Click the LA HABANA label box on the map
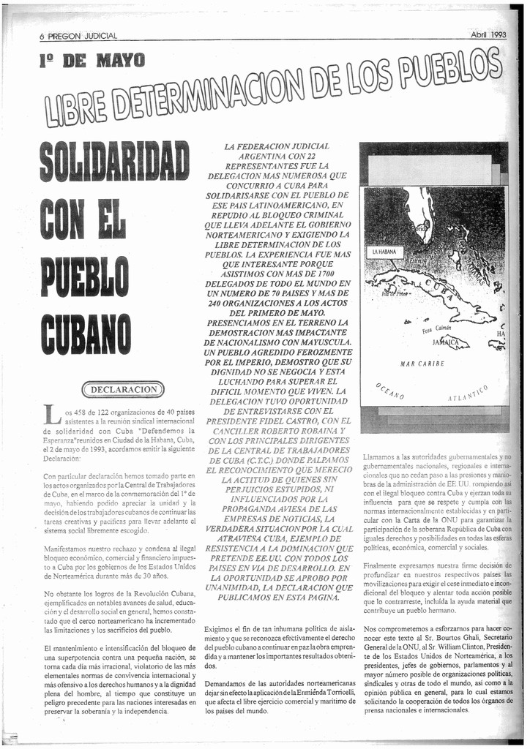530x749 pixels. tap(384, 252)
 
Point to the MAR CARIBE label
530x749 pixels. tap(422, 364)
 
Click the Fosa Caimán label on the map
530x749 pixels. tap(437, 329)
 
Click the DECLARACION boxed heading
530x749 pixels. tap(124, 389)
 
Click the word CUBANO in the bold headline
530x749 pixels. tap(88, 333)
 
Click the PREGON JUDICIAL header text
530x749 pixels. tap(83, 37)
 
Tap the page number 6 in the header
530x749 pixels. tap(42, 37)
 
